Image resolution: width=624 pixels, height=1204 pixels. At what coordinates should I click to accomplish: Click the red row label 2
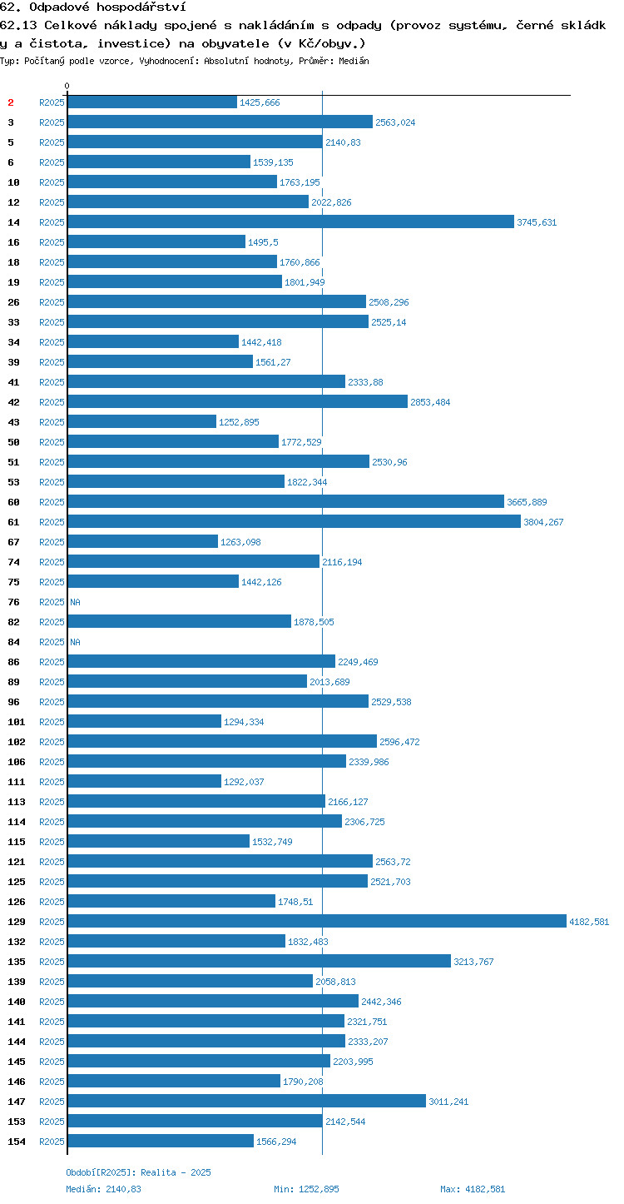coord(11,102)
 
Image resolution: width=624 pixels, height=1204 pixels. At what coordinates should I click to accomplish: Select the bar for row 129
coord(317,921)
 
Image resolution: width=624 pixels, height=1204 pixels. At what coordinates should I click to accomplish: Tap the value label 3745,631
coord(537,222)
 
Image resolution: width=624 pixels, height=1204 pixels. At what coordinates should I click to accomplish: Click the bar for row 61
coord(295,521)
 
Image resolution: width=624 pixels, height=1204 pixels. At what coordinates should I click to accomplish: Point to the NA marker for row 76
coord(75,602)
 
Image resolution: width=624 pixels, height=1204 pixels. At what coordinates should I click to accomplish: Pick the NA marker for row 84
coord(75,642)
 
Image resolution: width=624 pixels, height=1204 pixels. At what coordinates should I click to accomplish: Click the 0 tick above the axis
coord(67,86)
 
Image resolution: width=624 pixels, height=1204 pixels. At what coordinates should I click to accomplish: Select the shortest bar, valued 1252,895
coord(141,421)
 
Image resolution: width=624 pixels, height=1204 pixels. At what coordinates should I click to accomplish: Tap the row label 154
coord(17,1141)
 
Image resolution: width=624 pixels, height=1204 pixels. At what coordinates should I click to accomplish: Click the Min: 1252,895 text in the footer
coord(306,1188)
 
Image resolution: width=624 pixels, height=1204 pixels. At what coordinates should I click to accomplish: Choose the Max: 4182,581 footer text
coord(473,1188)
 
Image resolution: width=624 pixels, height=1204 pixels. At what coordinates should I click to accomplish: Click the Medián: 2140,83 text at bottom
coord(104,1188)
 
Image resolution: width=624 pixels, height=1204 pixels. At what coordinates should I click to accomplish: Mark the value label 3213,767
coord(473,962)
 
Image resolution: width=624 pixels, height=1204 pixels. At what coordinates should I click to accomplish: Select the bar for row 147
coord(246,1101)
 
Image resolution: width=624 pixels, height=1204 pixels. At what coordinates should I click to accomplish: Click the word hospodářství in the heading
coord(141,7)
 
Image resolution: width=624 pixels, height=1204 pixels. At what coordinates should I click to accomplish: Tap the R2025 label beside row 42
coord(52,402)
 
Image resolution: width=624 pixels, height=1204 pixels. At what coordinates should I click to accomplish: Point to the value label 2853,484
coord(430,402)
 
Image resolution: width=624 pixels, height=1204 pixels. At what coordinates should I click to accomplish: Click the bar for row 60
coord(285,501)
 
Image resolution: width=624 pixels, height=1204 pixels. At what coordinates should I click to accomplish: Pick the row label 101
coord(17,722)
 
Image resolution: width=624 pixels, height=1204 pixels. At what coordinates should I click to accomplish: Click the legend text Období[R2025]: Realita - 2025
coord(139,1172)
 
